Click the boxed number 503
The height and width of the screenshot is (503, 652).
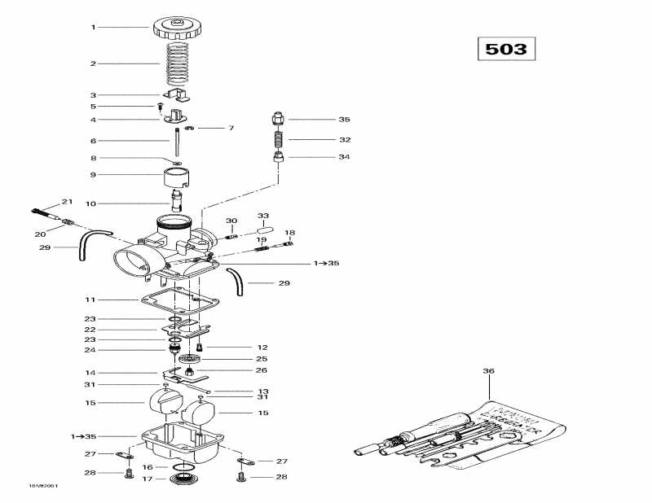505,48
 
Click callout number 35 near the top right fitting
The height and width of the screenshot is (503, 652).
344,119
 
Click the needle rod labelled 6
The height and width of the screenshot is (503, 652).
175,140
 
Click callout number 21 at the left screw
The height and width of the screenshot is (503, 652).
67,201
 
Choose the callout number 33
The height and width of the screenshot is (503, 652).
263,215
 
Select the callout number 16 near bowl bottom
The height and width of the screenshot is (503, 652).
147,467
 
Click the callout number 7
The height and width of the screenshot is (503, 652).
231,128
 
